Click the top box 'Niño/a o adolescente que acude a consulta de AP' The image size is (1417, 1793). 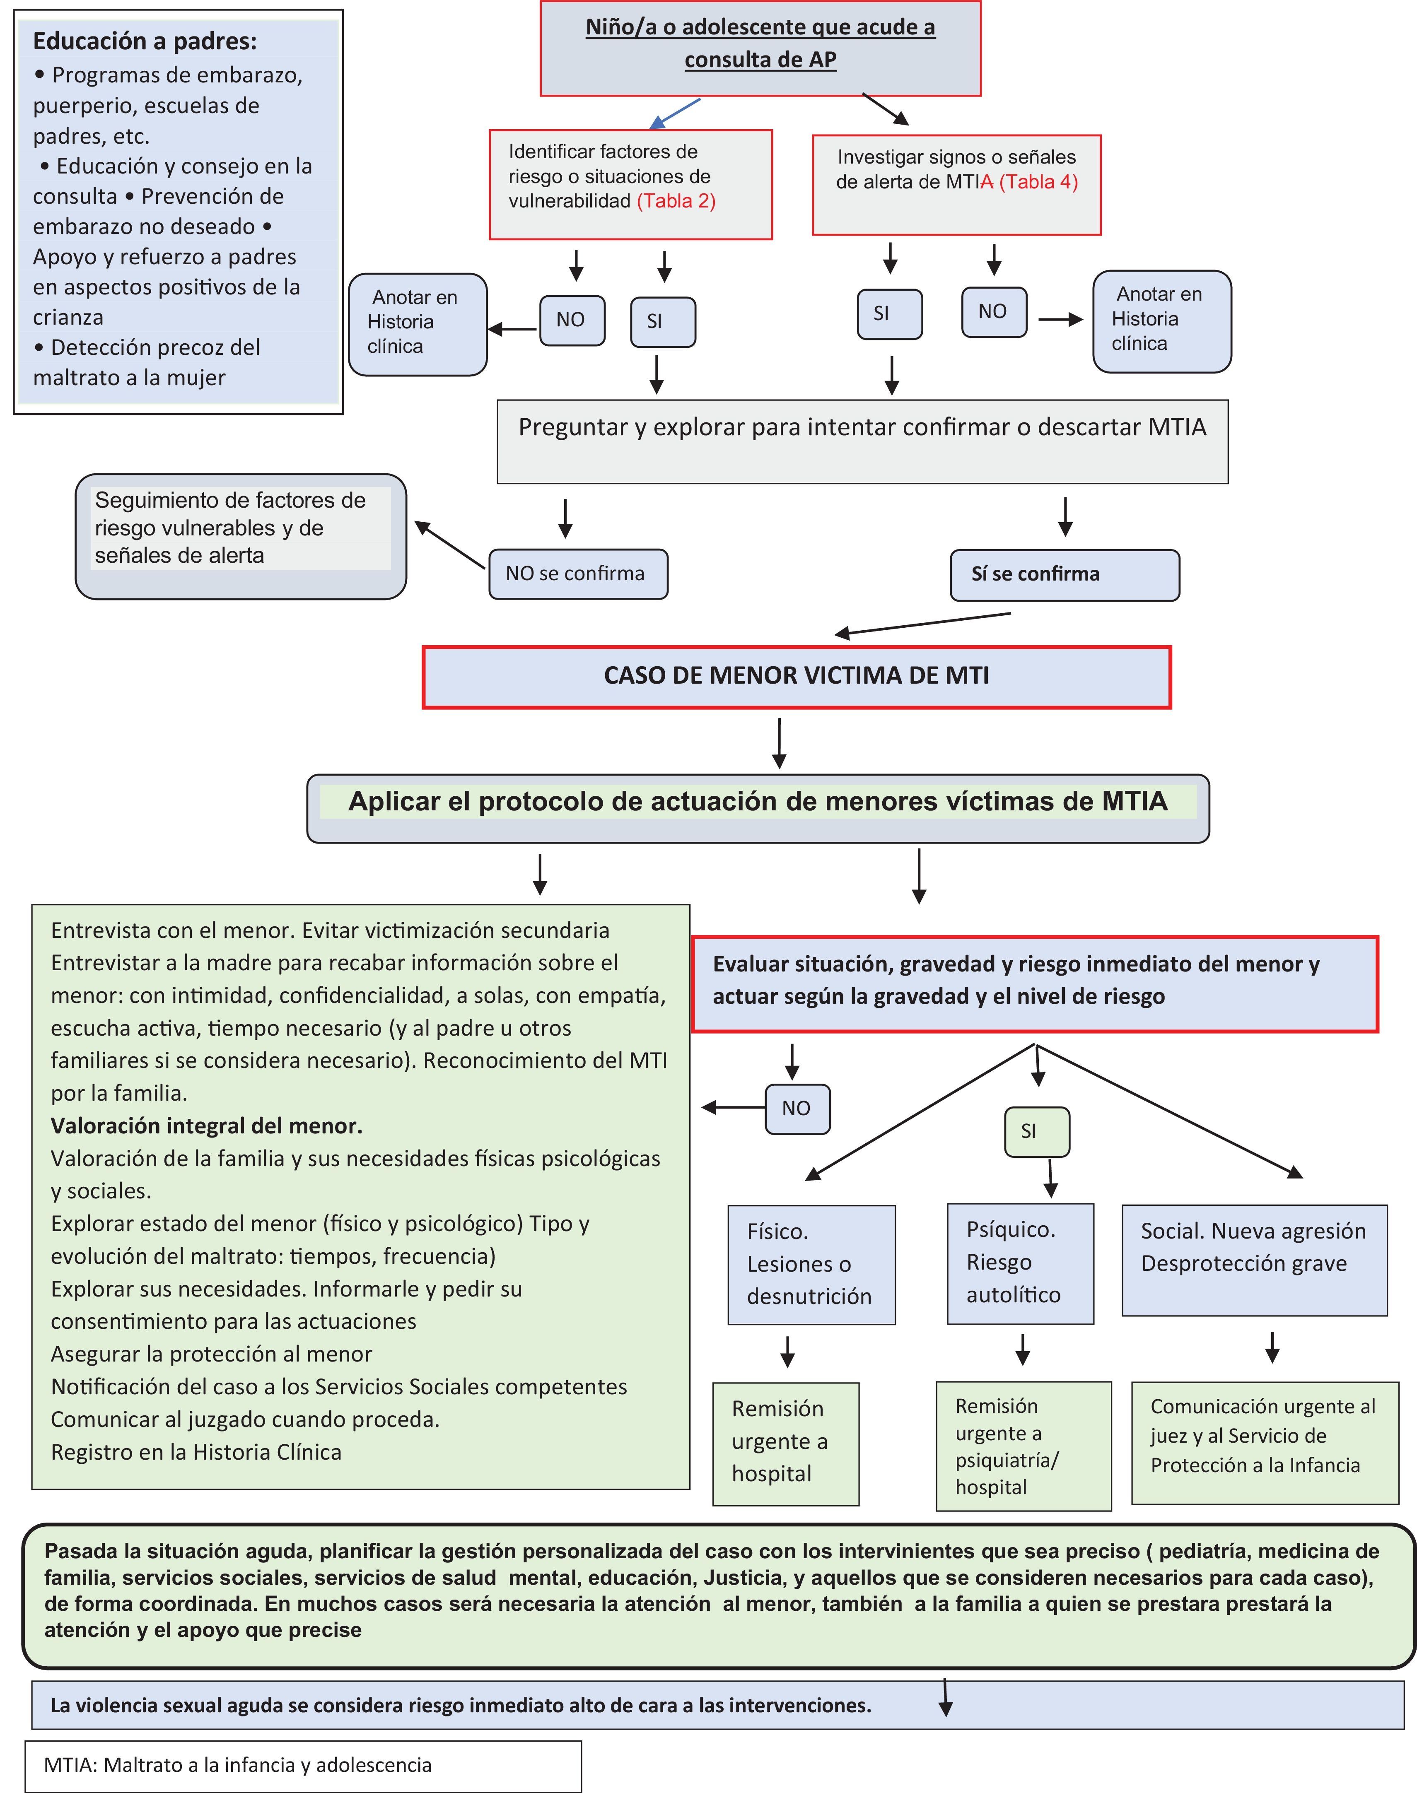click(760, 48)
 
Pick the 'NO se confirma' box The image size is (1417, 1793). click(578, 574)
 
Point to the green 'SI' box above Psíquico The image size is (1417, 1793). click(1036, 1131)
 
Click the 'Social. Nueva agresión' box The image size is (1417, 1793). click(1253, 1260)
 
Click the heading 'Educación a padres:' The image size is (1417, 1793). click(145, 41)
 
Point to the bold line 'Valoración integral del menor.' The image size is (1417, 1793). click(207, 1125)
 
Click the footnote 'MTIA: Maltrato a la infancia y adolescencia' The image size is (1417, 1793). click(238, 1765)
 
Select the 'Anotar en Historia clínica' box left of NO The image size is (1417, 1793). click(417, 324)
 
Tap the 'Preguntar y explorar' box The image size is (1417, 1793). click(862, 441)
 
